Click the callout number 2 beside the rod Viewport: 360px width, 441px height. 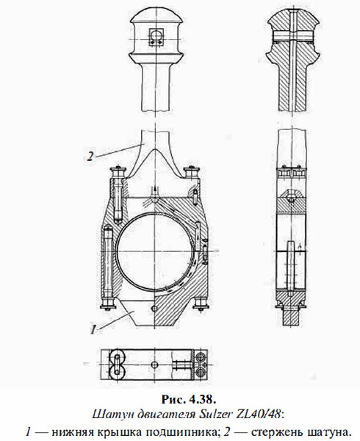coord(88,155)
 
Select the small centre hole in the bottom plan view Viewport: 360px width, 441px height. coord(154,364)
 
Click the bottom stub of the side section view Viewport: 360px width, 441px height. coord(292,319)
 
